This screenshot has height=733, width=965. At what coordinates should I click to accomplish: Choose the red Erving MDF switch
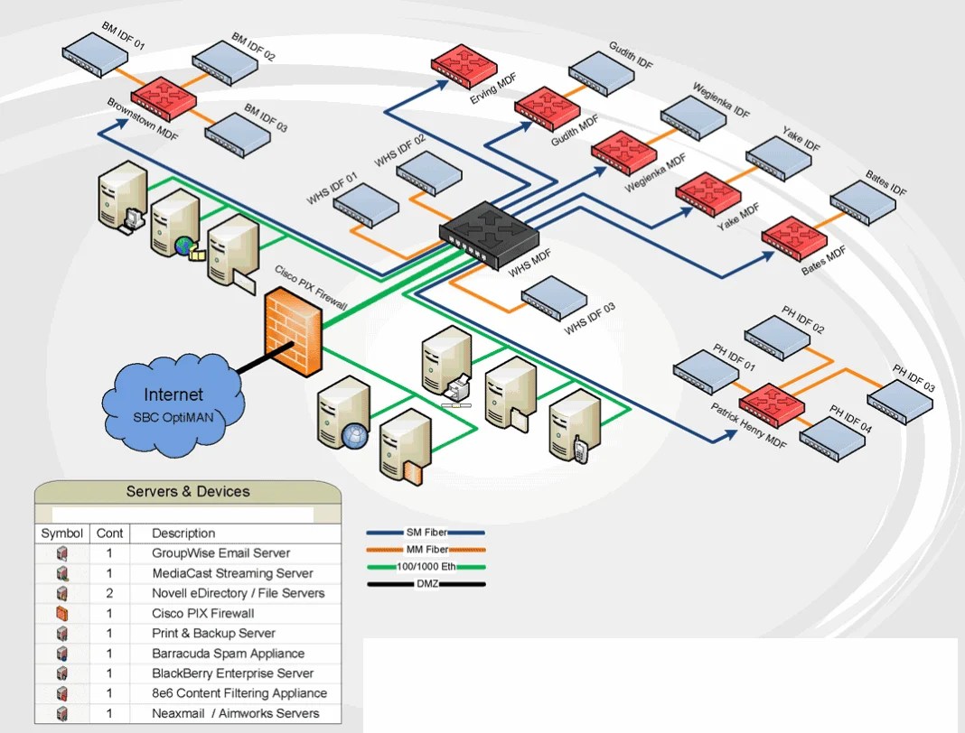click(464, 66)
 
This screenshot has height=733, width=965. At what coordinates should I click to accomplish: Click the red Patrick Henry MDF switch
click(772, 404)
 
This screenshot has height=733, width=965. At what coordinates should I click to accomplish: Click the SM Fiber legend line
click(426, 533)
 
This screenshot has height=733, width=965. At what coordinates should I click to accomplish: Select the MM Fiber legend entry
click(426, 550)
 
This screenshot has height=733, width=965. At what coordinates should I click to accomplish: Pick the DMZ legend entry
click(426, 584)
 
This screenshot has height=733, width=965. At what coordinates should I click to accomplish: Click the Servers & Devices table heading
click(188, 492)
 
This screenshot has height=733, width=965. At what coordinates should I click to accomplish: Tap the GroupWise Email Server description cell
click(221, 553)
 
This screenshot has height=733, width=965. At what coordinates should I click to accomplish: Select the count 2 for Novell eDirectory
click(109, 593)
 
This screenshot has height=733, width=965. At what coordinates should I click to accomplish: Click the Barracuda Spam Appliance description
click(229, 654)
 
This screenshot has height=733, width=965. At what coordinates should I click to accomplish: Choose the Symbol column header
click(62, 534)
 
